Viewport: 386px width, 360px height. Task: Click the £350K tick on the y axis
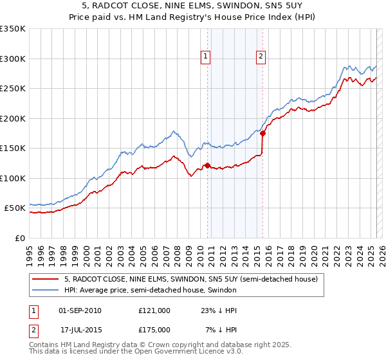[13, 29]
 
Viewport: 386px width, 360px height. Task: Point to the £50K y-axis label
[15, 208]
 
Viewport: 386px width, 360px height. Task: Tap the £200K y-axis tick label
[13, 118]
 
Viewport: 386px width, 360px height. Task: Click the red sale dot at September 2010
[207, 165]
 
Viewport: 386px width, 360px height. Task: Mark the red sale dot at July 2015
[262, 133]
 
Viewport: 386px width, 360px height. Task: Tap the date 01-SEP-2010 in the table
[80, 310]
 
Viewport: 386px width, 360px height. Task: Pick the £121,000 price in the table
[154, 310]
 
